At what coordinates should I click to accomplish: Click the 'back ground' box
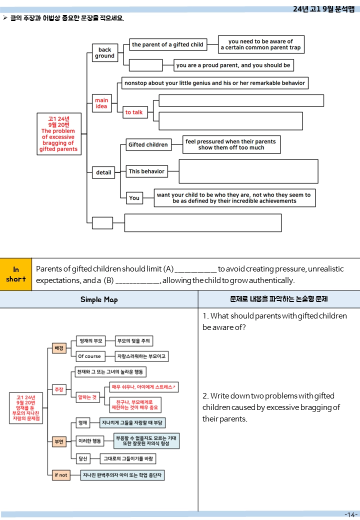coord(105,52)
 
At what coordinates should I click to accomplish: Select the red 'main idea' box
coord(101,103)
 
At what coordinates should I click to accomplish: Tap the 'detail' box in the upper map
coord(103,172)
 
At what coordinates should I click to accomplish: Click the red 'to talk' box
coord(134,112)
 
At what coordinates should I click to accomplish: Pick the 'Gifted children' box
coord(148,144)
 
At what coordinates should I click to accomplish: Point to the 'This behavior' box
coord(146,171)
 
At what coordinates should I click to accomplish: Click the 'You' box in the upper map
coord(134,198)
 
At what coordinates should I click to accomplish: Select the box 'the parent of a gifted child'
coord(167,44)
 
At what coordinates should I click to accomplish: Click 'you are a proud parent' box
coord(233,65)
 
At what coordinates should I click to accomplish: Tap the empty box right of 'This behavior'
coord(248,171)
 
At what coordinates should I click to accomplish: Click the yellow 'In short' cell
coord(16,274)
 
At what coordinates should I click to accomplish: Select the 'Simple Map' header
coord(99,299)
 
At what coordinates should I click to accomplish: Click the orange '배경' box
coord(59,348)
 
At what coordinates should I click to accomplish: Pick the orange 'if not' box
coord(61,475)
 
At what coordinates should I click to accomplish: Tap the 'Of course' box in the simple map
coord(89,356)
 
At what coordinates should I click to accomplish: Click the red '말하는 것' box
coord(87,397)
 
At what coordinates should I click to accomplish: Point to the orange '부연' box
coord(59,441)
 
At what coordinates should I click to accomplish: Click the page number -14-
coord(350,514)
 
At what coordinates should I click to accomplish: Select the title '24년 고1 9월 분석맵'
coord(323,9)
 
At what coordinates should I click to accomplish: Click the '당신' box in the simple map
coord(83,458)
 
